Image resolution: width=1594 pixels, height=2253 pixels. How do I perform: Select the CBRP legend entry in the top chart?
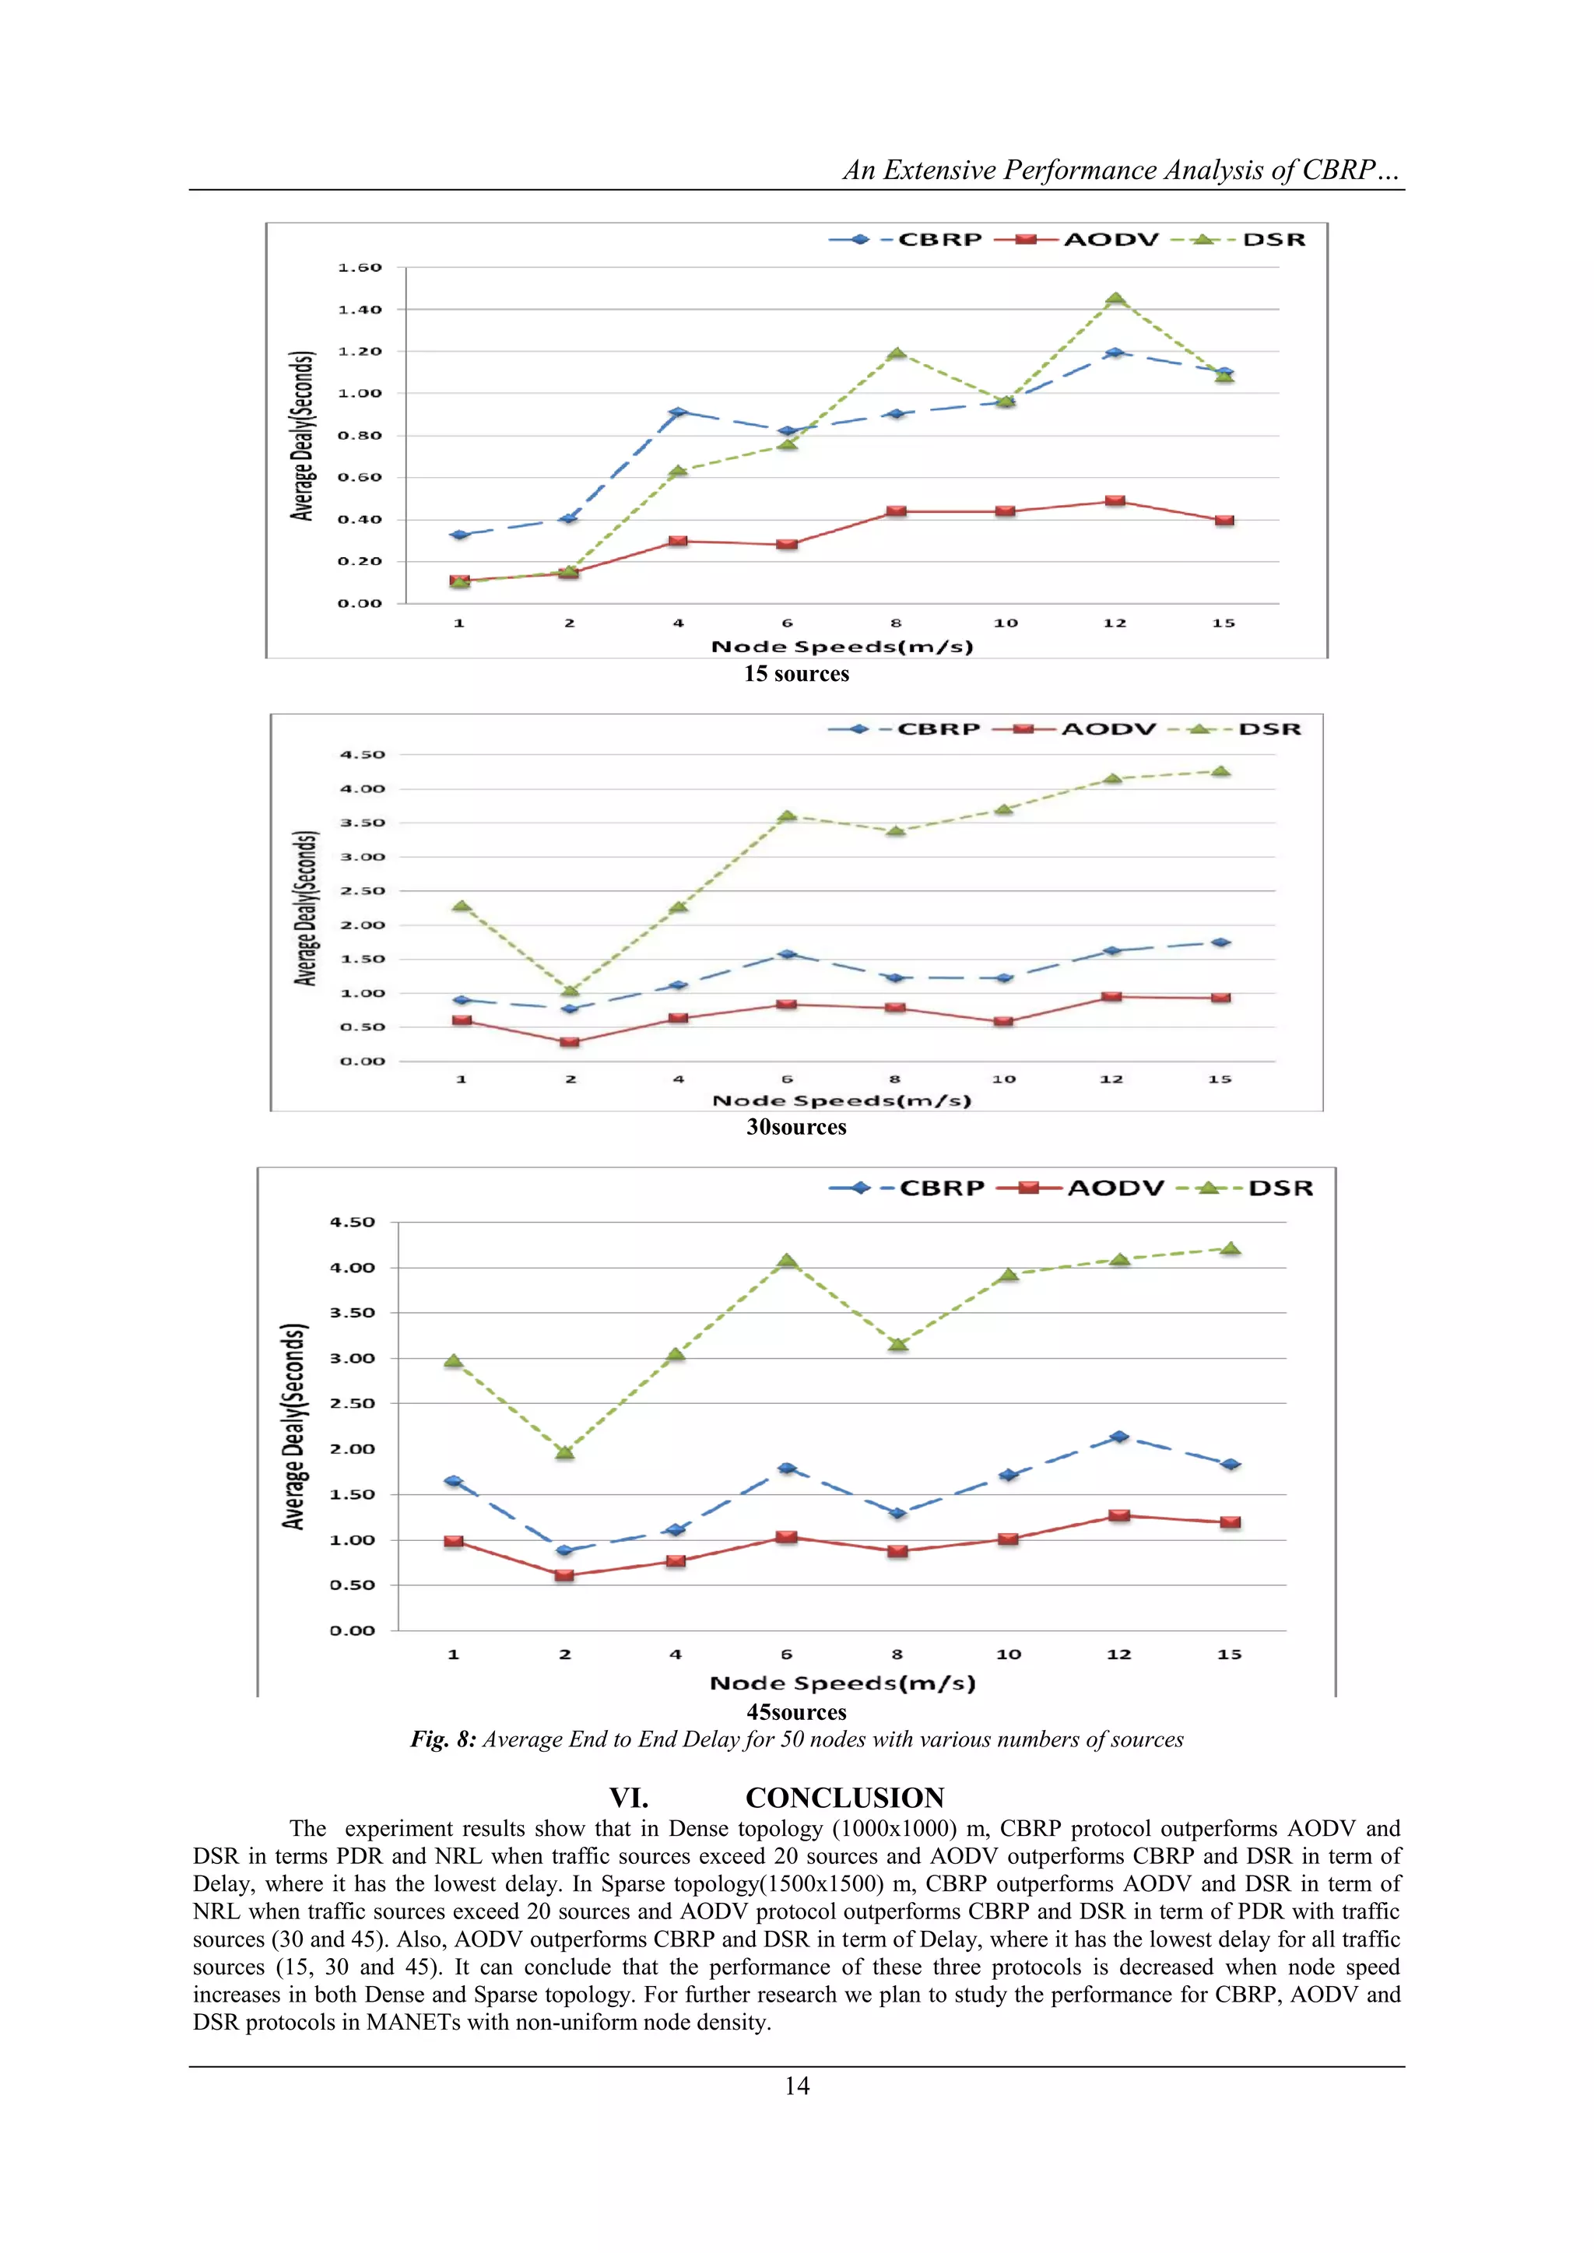[x=939, y=240]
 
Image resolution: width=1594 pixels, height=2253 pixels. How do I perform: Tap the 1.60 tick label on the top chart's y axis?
[x=360, y=268]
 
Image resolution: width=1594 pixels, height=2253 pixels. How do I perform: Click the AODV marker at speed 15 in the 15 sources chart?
[x=1224, y=520]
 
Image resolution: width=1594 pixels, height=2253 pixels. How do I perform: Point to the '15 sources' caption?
[x=796, y=674]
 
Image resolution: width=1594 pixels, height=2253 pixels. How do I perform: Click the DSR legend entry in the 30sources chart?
[x=1269, y=729]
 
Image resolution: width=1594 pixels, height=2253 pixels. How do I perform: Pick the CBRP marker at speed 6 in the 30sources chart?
[x=786, y=954]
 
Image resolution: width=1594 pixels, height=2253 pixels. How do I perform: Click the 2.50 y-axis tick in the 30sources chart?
[x=362, y=891]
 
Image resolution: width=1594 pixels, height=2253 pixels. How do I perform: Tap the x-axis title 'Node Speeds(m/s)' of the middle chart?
[x=841, y=1101]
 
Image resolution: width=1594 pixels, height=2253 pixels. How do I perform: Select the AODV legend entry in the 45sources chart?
[x=1115, y=1188]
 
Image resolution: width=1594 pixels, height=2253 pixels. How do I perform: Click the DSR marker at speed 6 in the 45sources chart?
[x=786, y=1261]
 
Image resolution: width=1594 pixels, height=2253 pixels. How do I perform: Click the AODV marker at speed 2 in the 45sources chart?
[x=564, y=1575]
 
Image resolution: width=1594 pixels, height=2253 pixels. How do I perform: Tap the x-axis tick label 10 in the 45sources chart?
[x=1008, y=1655]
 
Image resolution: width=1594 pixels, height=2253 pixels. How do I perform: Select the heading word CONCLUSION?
[x=844, y=1798]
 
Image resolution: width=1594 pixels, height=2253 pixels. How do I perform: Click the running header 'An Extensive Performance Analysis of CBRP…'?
[x=1120, y=170]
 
